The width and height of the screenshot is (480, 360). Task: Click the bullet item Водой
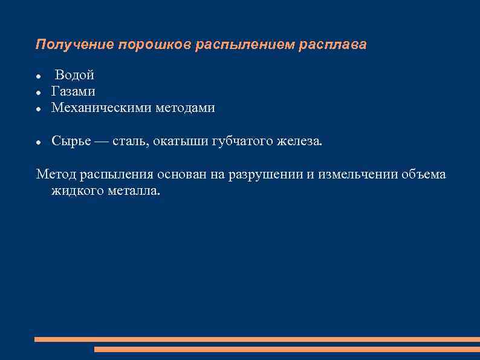74,76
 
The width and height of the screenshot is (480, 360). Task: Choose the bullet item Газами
73,91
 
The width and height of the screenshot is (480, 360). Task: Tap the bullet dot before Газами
38,93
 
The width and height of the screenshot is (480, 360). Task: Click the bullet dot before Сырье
38,142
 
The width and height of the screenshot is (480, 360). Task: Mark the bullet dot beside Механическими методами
38,109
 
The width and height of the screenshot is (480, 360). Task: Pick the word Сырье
71,142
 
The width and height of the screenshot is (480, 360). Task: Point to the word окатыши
180,142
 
